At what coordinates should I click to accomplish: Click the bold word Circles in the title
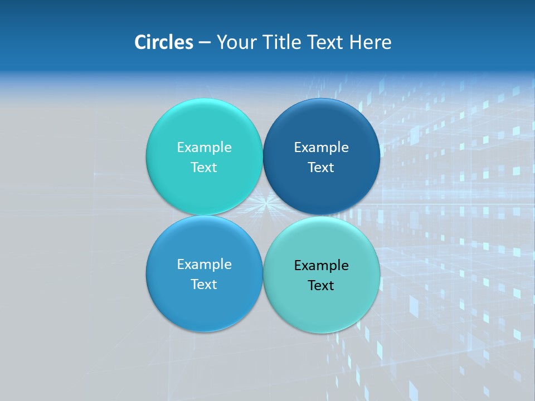[x=164, y=42]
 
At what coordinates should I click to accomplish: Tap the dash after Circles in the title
[x=205, y=43]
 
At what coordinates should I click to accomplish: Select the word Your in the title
[x=235, y=42]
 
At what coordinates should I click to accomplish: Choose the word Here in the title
[x=371, y=42]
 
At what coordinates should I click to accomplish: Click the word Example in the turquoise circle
[x=204, y=148]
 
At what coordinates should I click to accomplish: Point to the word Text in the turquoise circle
[x=204, y=168]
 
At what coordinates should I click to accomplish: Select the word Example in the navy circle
[x=321, y=148]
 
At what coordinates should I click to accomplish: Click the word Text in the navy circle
[x=321, y=168]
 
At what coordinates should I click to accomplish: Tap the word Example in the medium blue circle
[x=204, y=265]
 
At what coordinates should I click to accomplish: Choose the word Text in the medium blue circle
[x=204, y=285]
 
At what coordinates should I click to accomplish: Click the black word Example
[x=321, y=266]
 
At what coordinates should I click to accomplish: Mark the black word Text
[x=321, y=286]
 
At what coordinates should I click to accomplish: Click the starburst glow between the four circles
[x=263, y=204]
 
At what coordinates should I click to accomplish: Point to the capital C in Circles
[x=140, y=42]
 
